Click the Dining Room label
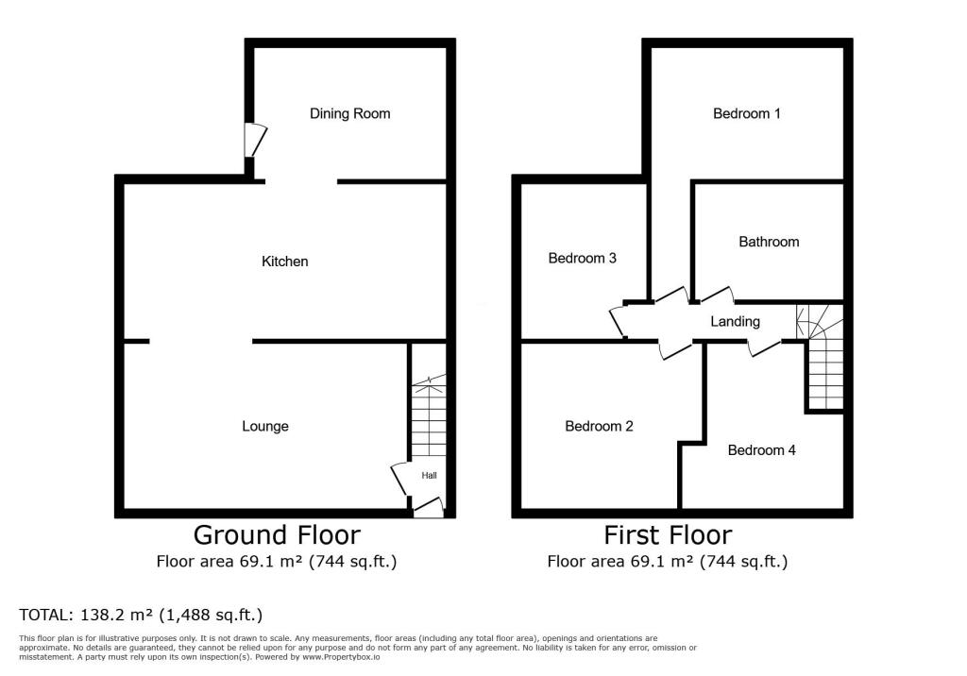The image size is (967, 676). (x=349, y=113)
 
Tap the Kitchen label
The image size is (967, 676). (x=285, y=261)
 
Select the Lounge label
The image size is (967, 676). (x=265, y=426)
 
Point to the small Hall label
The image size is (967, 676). (x=430, y=475)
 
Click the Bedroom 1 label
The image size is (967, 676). (x=746, y=113)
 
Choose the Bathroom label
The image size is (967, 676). (x=769, y=242)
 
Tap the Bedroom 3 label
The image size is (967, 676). (x=583, y=258)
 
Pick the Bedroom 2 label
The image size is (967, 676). (x=599, y=426)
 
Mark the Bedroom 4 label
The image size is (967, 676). (x=761, y=450)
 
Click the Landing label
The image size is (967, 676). (x=735, y=322)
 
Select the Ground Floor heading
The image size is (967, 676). (x=277, y=535)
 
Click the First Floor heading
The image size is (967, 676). (x=668, y=535)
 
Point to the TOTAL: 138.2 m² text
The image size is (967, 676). (x=141, y=616)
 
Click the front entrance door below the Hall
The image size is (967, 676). (x=428, y=508)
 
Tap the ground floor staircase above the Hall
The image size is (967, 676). (x=427, y=415)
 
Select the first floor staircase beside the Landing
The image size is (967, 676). (x=823, y=359)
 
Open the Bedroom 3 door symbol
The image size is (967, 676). (x=619, y=320)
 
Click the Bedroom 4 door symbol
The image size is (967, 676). (x=763, y=346)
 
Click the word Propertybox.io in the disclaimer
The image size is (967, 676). (x=349, y=656)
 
